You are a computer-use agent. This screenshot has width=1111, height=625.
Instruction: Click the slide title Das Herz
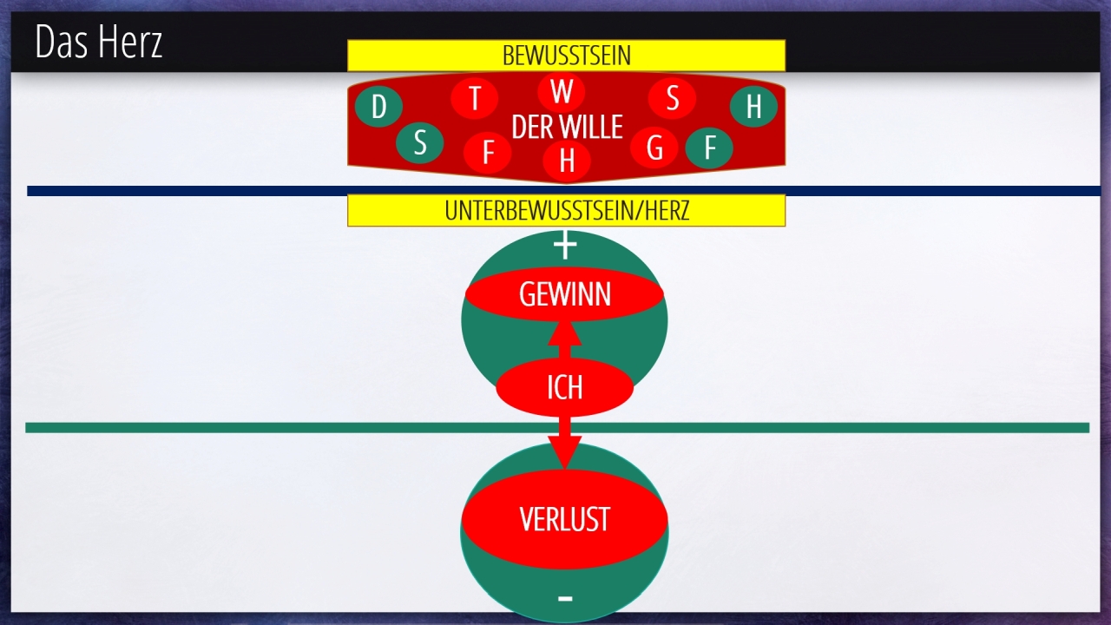pos(99,42)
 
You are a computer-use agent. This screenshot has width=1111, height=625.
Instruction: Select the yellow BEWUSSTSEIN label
pos(567,55)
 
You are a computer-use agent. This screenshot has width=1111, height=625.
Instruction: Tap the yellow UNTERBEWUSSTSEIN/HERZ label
pos(567,210)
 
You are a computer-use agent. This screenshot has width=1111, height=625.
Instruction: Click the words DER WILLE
pos(567,127)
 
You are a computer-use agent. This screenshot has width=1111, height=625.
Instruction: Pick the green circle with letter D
pos(378,106)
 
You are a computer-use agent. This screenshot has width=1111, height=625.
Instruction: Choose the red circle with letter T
pos(475,98)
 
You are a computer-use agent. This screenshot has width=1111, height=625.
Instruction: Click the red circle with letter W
pos(562,91)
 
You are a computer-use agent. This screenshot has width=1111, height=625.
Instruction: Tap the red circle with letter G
pos(654,148)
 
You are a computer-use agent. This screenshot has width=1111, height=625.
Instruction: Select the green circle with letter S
pos(419,143)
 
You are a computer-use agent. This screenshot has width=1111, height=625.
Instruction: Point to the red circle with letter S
pos(672,98)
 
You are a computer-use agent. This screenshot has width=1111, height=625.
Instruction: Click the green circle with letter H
pos(754,106)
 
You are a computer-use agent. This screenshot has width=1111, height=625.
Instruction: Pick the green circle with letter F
pos(709,148)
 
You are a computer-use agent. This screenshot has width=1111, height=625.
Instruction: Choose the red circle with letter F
pos(488,152)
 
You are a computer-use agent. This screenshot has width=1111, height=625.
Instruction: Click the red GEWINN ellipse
pos(564,294)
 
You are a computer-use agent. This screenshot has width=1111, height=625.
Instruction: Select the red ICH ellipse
pos(564,387)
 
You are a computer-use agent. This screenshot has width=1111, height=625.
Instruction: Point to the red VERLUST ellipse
pos(564,519)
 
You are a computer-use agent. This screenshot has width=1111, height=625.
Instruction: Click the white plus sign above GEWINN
pos(565,246)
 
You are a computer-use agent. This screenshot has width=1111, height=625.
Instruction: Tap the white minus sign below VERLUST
pos(565,599)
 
